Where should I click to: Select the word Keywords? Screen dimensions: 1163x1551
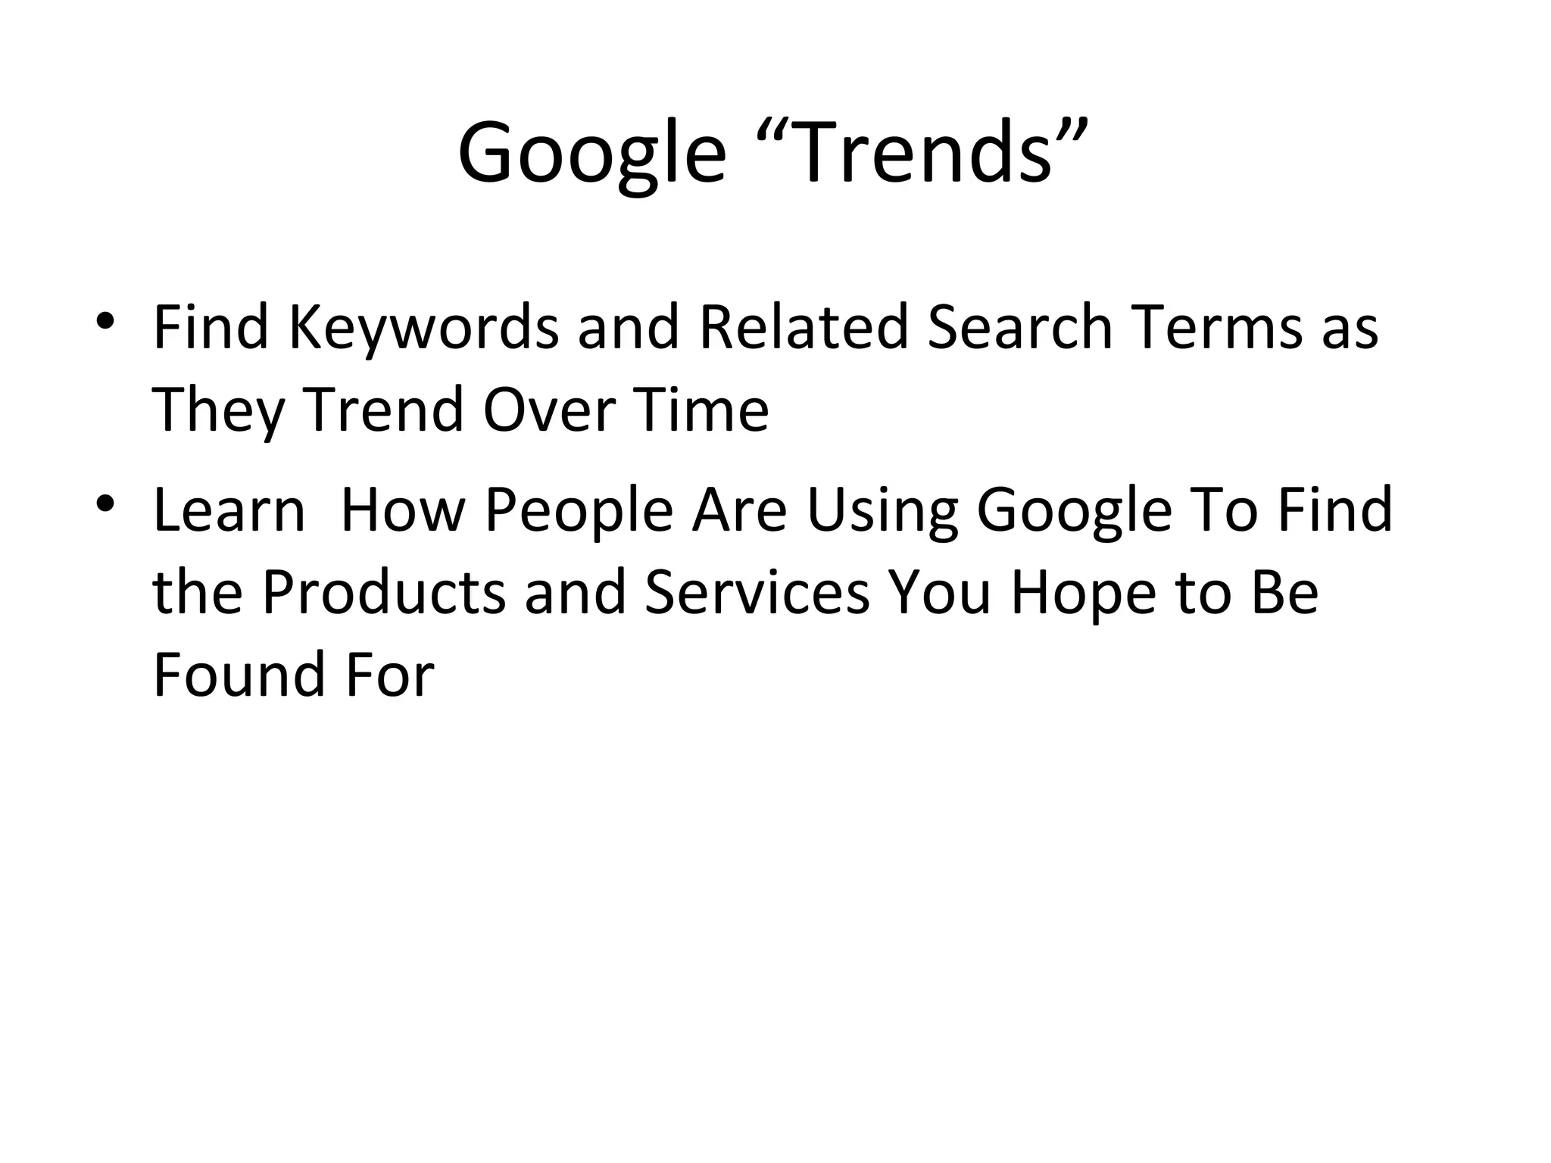coord(423,327)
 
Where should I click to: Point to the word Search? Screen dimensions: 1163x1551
coord(1019,327)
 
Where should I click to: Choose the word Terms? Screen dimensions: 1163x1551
coord(1216,327)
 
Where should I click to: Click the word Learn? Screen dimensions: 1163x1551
coord(229,510)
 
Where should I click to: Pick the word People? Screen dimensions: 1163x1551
coord(579,510)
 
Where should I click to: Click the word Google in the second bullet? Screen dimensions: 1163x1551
coord(1074,510)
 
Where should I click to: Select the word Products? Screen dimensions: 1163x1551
coord(383,592)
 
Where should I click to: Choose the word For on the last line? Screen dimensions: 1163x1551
coord(391,674)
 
